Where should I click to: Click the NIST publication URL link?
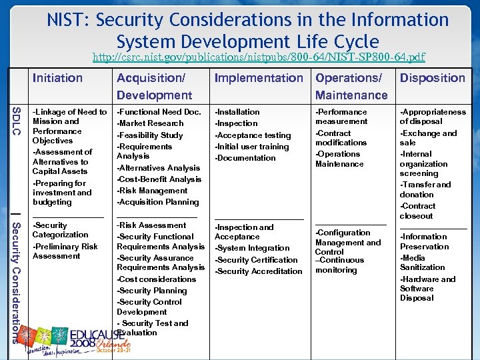click(x=259, y=57)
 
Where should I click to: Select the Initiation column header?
click(x=58, y=78)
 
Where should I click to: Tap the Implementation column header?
click(x=258, y=78)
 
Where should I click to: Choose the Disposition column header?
click(x=432, y=78)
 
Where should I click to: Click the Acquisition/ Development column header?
click(x=154, y=87)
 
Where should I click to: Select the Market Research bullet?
click(x=151, y=123)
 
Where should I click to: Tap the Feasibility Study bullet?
click(x=151, y=135)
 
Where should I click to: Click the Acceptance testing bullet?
click(x=253, y=135)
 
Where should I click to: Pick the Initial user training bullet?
click(x=252, y=147)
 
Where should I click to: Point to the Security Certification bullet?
click(x=256, y=260)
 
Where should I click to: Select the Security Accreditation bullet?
click(x=259, y=271)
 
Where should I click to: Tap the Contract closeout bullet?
click(x=417, y=211)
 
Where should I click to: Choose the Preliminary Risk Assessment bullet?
click(x=65, y=251)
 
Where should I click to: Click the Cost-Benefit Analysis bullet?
click(x=159, y=179)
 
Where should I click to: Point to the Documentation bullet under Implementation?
click(x=245, y=158)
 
